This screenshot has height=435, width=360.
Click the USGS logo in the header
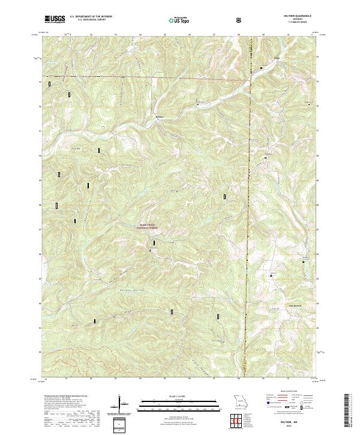[x=55, y=20]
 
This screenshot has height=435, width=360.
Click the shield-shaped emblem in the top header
[x=241, y=20]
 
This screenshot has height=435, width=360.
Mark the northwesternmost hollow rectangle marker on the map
[x=49, y=84]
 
